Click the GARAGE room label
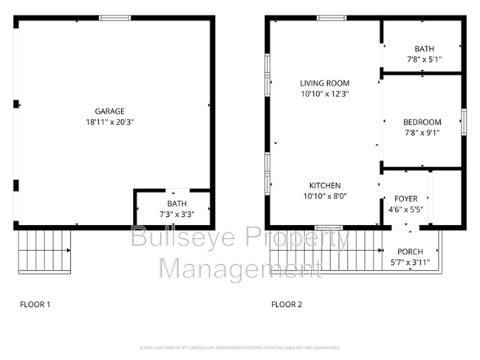point(109,111)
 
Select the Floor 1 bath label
point(176,204)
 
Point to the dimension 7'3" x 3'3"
point(176,214)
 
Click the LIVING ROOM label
point(324,83)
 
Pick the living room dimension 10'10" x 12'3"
point(324,94)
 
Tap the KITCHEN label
point(324,185)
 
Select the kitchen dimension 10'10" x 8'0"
point(324,196)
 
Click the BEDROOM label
point(422,122)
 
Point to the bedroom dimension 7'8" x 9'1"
point(422,134)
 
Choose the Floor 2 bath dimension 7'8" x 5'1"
point(424,60)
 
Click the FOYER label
point(405,198)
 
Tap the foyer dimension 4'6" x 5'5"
point(405,210)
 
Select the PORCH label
point(410,252)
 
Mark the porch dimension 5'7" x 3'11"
point(410,262)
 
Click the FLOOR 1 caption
point(34,304)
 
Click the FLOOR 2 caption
point(287,304)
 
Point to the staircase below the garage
point(44,251)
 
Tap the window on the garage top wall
point(114,18)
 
